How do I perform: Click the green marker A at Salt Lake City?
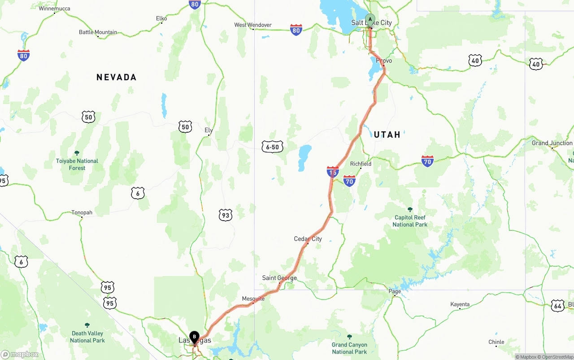pos(370,19)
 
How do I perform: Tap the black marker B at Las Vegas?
pos(194,336)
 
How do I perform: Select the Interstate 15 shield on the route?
pos(333,172)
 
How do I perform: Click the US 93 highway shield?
pos(225,215)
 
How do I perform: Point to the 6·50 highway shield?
pos(272,147)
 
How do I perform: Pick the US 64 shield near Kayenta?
pos(557,306)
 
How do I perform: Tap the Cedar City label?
pos(308,239)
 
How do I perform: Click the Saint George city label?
pos(279,278)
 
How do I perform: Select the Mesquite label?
pos(253,299)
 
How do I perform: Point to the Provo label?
pos(384,61)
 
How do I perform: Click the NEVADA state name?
pos(116,77)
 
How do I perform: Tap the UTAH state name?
pos(387,134)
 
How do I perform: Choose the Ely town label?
pos(209,130)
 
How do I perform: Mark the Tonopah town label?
pos(82,213)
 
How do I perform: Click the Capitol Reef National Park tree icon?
pos(410,209)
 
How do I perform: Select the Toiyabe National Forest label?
pos(77,164)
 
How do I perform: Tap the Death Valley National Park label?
pos(87,337)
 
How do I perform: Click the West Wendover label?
pos(253,25)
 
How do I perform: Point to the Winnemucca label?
pos(54,9)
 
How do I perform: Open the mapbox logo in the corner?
pos(20,354)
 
